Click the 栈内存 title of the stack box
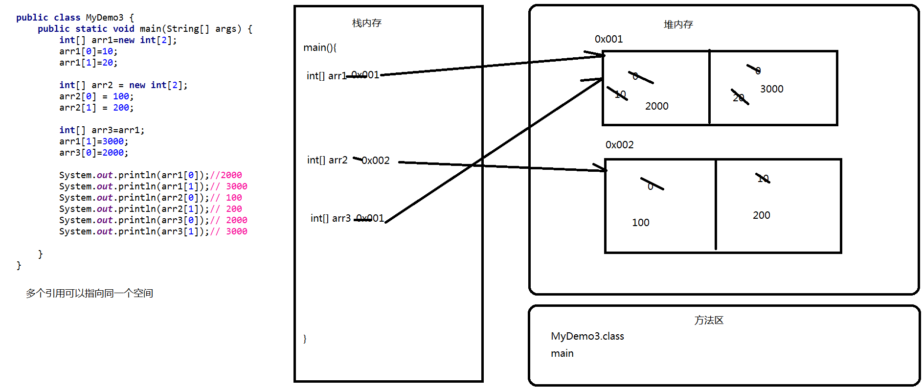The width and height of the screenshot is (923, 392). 367,23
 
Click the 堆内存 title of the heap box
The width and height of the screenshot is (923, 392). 678,24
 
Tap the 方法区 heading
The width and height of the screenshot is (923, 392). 709,321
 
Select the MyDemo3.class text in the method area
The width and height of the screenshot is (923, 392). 587,336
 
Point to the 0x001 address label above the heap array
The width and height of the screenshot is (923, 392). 608,39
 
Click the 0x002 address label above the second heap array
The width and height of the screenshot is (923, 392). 619,145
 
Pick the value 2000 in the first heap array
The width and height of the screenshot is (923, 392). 656,106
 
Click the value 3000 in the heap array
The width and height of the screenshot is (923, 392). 771,89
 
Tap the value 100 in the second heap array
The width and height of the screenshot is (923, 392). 640,223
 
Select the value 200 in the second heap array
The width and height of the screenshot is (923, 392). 761,215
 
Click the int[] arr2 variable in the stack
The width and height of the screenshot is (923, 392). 327,160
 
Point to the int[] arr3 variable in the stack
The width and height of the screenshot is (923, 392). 331,218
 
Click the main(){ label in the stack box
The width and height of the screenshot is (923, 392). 320,47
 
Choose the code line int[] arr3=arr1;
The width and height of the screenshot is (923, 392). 102,130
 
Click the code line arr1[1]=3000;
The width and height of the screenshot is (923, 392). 93,141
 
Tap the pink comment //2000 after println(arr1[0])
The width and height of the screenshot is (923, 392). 226,175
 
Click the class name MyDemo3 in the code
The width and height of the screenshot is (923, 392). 105,18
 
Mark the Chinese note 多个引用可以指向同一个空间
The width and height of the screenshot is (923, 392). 90,293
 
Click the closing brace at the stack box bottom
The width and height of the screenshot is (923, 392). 305,339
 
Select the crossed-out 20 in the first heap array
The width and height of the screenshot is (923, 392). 739,97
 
